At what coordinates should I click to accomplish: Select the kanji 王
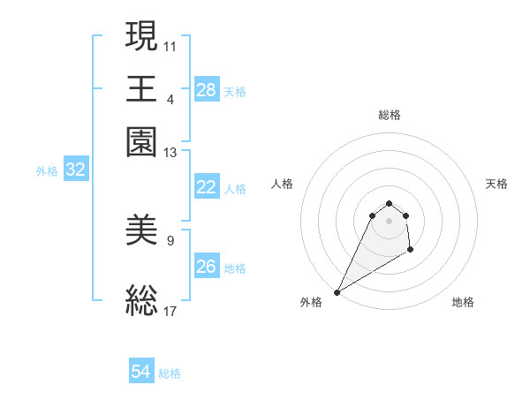pyautogui.click(x=142, y=88)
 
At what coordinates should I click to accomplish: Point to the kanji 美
pyautogui.click(x=142, y=231)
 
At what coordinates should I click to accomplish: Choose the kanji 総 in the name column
pyautogui.click(x=142, y=298)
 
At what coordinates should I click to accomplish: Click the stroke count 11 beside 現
pyautogui.click(x=170, y=44)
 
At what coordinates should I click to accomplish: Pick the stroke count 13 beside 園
pyautogui.click(x=170, y=153)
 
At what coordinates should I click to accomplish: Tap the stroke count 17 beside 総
pyautogui.click(x=170, y=310)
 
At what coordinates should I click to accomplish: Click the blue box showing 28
pyautogui.click(x=207, y=89)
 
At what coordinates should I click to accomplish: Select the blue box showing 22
pyautogui.click(x=207, y=187)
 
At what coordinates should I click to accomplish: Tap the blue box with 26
pyautogui.click(x=207, y=266)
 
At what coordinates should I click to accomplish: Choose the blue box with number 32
pyautogui.click(x=75, y=170)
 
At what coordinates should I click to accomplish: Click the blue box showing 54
pyautogui.click(x=141, y=373)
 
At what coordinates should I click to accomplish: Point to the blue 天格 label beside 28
pyautogui.click(x=235, y=91)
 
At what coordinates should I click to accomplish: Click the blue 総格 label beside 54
pyautogui.click(x=170, y=373)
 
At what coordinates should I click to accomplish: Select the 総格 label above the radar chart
pyautogui.click(x=389, y=115)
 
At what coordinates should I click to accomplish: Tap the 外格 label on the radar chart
pyautogui.click(x=311, y=302)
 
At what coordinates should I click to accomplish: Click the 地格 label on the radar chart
pyautogui.click(x=463, y=302)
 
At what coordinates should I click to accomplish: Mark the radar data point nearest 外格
pyautogui.click(x=337, y=291)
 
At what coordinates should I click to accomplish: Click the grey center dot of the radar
pyautogui.click(x=389, y=220)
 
